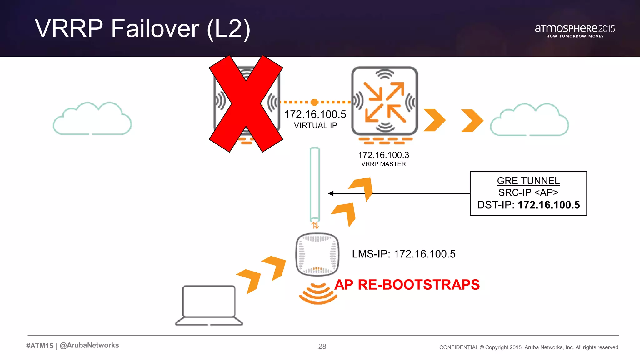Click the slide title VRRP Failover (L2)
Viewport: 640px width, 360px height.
click(142, 29)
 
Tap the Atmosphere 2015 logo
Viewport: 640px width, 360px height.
click(575, 31)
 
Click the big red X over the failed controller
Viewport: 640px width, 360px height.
click(246, 103)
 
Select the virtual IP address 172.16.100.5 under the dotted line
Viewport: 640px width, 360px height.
click(315, 114)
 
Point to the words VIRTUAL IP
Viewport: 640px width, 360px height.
click(315, 126)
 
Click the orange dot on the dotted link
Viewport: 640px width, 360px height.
click(314, 102)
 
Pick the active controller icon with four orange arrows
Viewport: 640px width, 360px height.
click(385, 101)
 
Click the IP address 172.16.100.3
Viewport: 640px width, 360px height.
click(383, 155)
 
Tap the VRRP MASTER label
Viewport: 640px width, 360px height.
click(383, 164)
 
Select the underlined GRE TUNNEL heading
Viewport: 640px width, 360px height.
click(528, 181)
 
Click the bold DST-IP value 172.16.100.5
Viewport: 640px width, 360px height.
click(549, 205)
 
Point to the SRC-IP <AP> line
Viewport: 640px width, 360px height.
click(528, 192)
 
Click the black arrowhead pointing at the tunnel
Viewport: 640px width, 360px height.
click(331, 193)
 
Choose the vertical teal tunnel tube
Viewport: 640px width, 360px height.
click(315, 184)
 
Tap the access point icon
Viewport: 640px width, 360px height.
click(317, 254)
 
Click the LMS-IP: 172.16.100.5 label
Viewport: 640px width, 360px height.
click(403, 254)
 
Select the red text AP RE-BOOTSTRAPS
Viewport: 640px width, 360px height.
click(407, 285)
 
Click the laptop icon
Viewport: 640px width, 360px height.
click(209, 305)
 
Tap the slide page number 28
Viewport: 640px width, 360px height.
click(322, 347)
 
